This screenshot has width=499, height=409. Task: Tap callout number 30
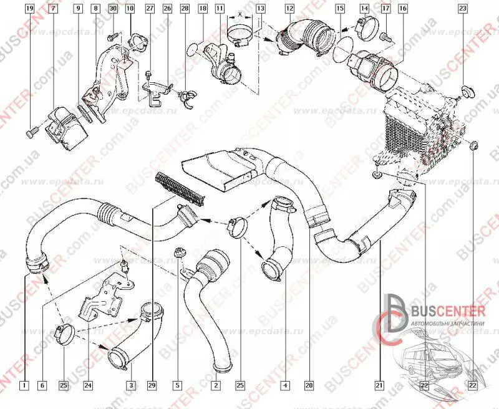[x=112, y=9]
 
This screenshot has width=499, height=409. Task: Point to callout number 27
[x=150, y=9]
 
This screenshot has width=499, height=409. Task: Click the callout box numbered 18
[x=203, y=9]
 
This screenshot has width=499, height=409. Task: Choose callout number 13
[x=260, y=9]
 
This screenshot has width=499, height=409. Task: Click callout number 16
[x=402, y=9]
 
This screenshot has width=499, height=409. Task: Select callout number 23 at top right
[x=462, y=9]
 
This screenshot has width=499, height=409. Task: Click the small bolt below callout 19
[x=32, y=132]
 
